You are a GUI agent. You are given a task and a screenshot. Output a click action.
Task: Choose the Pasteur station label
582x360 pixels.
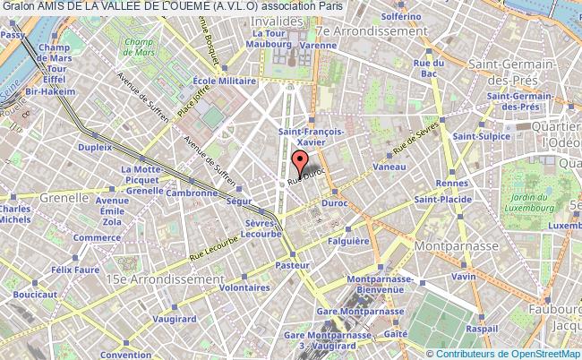pyautogui.click(x=294, y=266)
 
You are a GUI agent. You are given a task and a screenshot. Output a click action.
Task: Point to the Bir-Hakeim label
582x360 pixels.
pyautogui.click(x=43, y=91)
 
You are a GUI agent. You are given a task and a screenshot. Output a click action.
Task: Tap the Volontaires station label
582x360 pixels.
pyautogui.click(x=244, y=288)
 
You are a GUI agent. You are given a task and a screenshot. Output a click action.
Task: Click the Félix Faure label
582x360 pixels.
pyautogui.click(x=73, y=269)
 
